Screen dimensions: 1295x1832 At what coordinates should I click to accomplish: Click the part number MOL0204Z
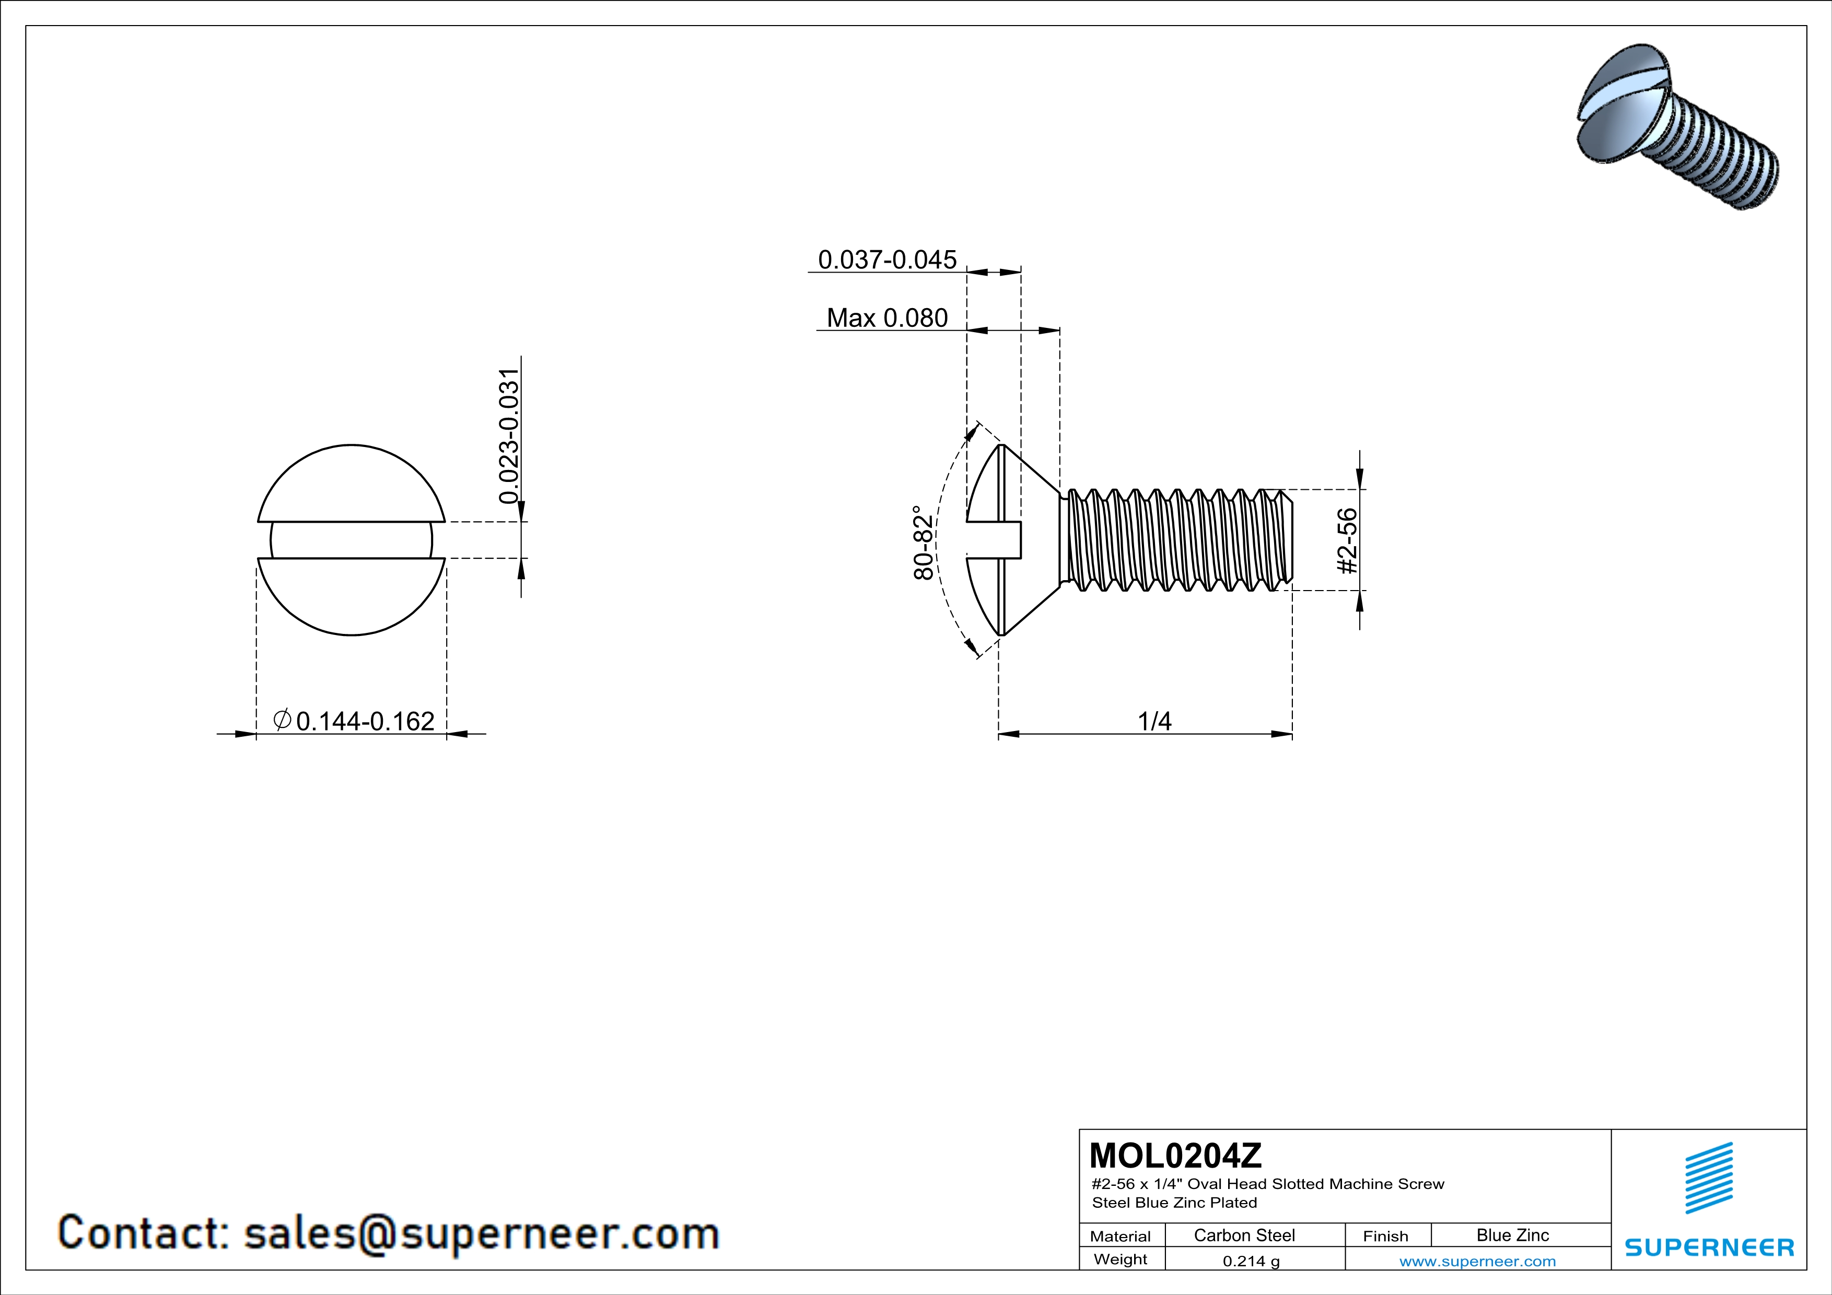(x=1175, y=1156)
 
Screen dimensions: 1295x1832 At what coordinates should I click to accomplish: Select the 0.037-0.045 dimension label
(x=886, y=260)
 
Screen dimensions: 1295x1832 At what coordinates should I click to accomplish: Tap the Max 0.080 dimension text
(x=886, y=318)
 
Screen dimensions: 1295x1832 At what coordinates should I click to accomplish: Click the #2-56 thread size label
(x=1347, y=540)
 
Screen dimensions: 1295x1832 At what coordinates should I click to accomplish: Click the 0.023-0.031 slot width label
(x=509, y=436)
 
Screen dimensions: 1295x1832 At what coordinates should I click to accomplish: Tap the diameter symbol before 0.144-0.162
(x=282, y=720)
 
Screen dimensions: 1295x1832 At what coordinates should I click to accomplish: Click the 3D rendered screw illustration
(x=1676, y=127)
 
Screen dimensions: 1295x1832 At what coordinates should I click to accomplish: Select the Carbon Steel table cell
(x=1244, y=1235)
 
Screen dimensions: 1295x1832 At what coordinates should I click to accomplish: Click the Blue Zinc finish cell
(x=1512, y=1235)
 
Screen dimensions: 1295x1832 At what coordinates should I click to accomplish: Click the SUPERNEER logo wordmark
(x=1709, y=1247)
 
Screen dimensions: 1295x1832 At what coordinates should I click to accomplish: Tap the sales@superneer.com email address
(x=481, y=1233)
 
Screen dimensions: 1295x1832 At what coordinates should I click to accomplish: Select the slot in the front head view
(x=351, y=540)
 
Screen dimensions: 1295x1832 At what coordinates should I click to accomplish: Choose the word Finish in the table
(x=1385, y=1236)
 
